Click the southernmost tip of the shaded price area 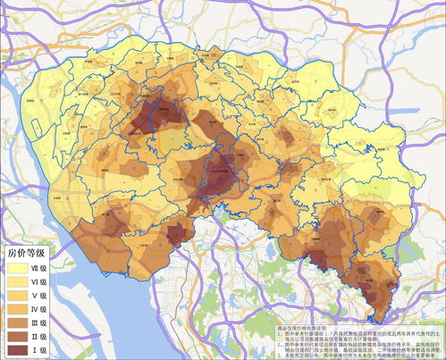tap(385, 322)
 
